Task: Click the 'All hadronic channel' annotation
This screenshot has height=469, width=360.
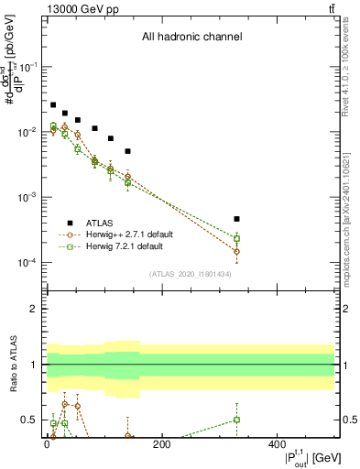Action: [191, 37]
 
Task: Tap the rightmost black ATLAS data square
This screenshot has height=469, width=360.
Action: [236, 219]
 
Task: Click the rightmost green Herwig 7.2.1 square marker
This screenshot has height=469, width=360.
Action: [236, 238]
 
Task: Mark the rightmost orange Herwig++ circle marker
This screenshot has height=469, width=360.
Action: [236, 251]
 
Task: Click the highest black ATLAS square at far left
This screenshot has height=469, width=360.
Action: [53, 105]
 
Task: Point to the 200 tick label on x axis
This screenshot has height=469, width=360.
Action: [161, 445]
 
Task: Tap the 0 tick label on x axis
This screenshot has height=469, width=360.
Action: [48, 445]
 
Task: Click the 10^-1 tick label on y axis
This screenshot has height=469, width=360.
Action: [27, 68]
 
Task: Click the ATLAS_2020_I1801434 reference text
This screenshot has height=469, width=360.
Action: [191, 274]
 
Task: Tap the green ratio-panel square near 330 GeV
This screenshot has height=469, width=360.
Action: [236, 420]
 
